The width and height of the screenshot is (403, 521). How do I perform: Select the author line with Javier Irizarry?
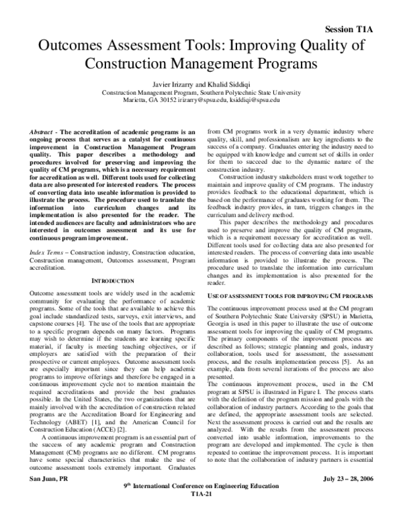coord(201,83)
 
